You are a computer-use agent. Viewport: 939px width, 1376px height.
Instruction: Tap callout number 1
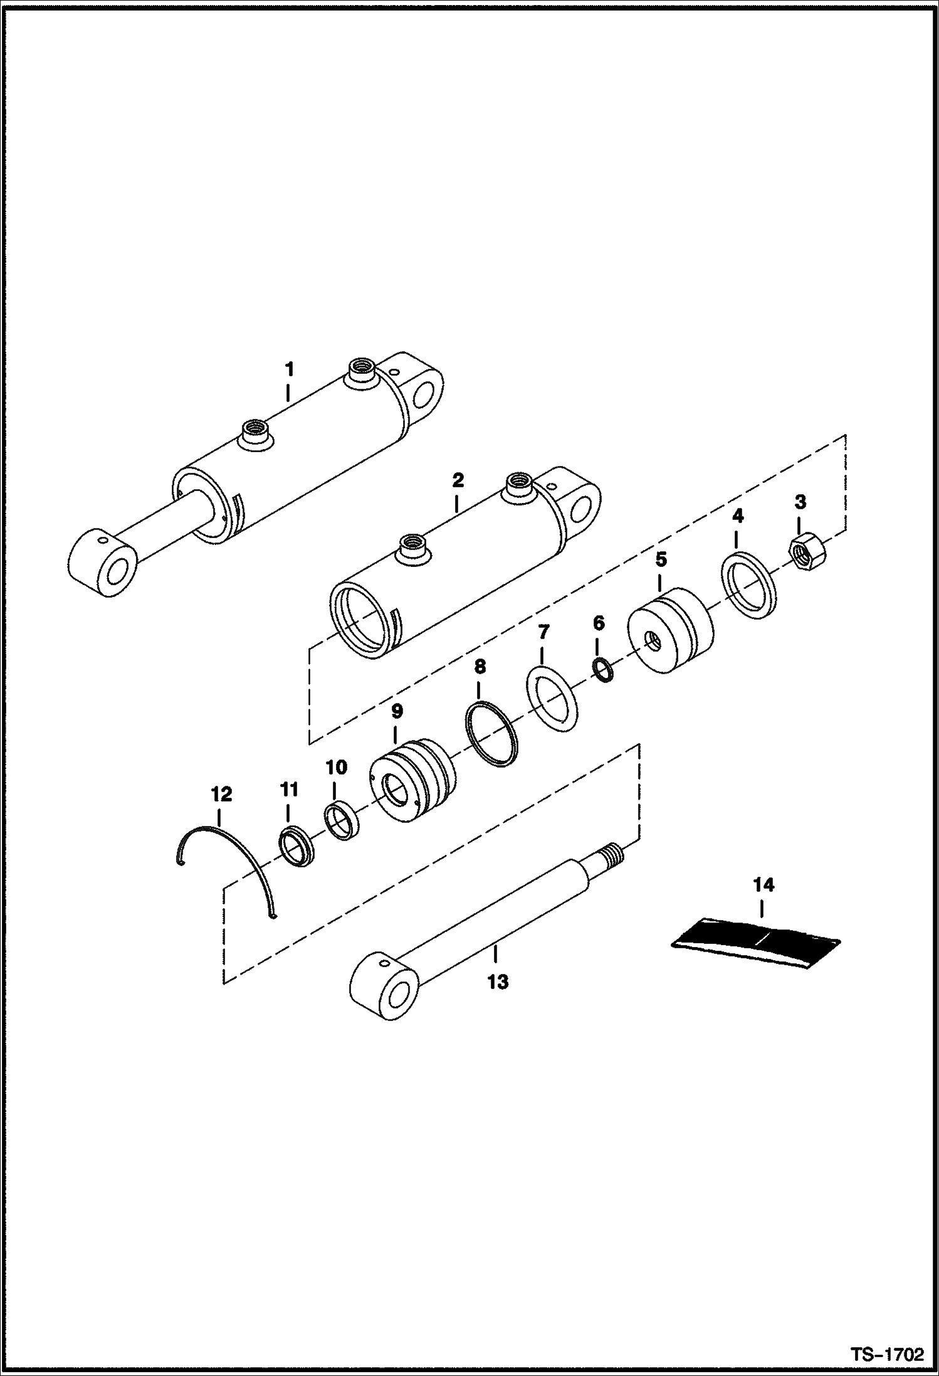(x=289, y=369)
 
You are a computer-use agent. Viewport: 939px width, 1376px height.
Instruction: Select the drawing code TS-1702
(x=886, y=1353)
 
